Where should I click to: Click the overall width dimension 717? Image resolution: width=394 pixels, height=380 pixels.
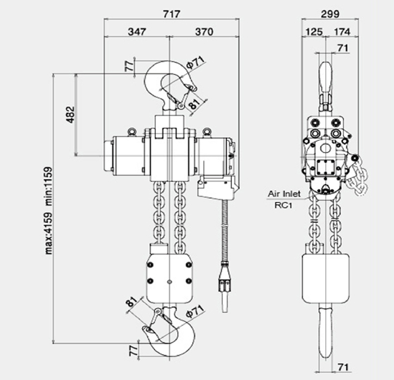point(172,14)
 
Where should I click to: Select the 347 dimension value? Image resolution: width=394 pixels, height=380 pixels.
point(137,32)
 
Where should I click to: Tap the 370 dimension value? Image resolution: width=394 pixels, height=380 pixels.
point(204,32)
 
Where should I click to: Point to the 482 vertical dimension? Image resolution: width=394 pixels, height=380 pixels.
point(70,115)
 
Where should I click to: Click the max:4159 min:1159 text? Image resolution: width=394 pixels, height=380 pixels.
point(49,210)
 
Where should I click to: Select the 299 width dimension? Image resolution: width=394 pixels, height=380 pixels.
point(330,14)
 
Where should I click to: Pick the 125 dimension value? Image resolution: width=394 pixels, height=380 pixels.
point(314,32)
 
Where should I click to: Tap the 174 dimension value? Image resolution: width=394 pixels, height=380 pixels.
point(342,32)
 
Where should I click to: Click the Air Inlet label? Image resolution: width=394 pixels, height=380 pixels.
point(284,194)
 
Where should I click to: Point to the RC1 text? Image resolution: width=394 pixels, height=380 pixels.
point(283,206)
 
